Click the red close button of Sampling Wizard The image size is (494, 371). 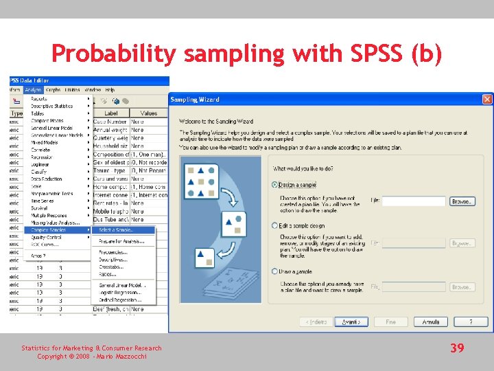487,100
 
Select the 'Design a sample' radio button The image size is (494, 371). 275,184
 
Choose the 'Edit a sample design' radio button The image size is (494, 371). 275,225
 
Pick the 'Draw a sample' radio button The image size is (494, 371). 275,271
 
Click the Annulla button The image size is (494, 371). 431,322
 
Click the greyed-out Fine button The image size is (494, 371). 391,322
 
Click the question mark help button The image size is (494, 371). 471,322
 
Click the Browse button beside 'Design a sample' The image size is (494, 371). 462,201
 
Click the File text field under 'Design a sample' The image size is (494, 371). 414,201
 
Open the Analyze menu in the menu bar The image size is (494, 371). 33,90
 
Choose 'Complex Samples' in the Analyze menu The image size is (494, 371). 49,229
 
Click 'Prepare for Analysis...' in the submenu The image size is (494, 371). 120,240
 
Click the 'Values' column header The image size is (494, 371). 148,113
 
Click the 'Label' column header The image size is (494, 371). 110,113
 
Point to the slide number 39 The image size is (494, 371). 457,348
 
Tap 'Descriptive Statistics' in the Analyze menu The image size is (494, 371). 51,106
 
